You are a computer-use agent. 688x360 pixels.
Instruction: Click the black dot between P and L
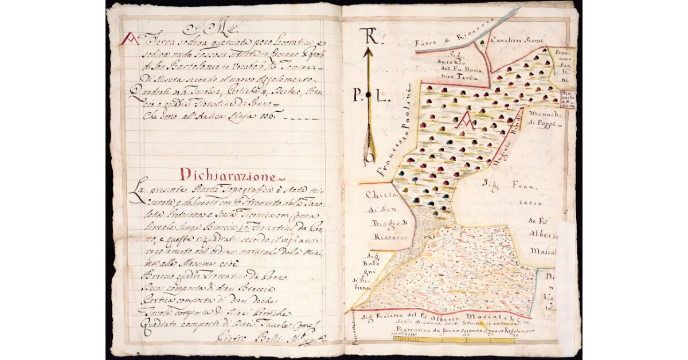[369, 95]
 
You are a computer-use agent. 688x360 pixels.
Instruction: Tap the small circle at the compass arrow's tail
[370, 156]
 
